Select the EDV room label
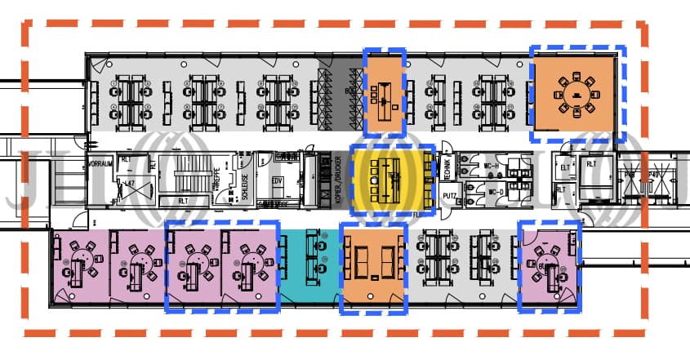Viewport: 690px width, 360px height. [x=277, y=180]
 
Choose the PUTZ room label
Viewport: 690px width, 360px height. [x=449, y=196]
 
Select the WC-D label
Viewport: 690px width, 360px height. [x=495, y=193]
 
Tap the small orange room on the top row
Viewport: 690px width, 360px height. [x=384, y=90]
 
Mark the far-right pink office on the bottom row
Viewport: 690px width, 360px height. [x=549, y=265]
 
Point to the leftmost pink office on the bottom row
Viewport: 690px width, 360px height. [x=80, y=265]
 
